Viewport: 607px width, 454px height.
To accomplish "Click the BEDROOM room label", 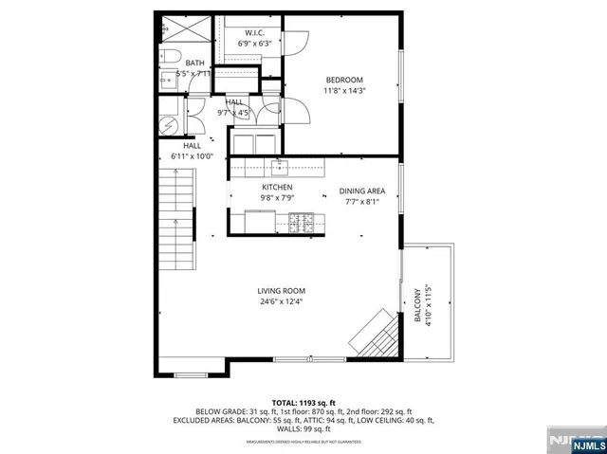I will coord(344,80).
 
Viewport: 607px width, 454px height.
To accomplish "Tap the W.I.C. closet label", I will coord(254,32).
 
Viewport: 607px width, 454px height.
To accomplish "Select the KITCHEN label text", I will coord(277,188).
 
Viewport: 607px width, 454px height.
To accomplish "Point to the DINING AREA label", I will coord(363,191).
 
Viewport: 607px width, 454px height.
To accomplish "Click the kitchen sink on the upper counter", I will coord(279,169).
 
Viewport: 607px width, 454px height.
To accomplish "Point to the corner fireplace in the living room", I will coord(372,332).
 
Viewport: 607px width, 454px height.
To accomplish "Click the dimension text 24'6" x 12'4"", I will coord(281,302).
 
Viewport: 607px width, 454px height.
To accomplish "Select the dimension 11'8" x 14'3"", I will coord(344,91).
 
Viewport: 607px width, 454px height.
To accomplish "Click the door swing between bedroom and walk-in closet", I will coord(296,41).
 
